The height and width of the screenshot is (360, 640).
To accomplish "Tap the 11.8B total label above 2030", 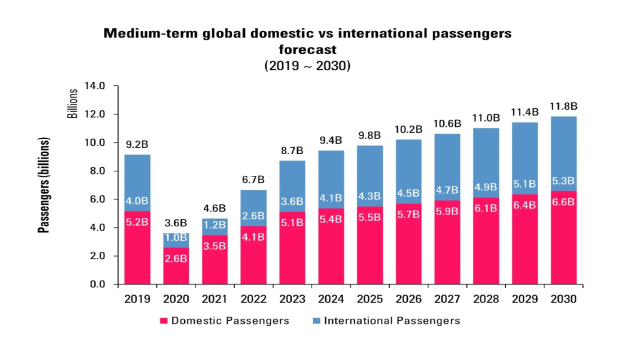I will pos(563,106).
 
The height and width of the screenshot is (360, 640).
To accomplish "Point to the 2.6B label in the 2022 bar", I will pos(253,215).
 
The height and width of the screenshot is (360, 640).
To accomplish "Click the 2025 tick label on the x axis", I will pos(369,299).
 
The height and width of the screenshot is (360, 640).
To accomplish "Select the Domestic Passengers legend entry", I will pos(224,320).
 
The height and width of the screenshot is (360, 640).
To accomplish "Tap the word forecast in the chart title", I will pos(307,49).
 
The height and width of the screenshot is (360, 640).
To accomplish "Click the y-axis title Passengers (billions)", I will pos(45,185).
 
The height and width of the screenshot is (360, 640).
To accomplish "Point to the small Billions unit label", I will pos(73,103).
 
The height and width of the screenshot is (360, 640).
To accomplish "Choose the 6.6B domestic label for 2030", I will pos(563,202).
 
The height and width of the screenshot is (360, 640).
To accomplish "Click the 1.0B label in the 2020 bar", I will pos(176,237).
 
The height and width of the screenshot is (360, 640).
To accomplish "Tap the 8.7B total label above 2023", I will pos(292,150).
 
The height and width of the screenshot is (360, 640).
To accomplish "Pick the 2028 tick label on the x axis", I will pos(486,299).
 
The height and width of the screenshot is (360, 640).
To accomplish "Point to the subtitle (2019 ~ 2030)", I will pos(307,65).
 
